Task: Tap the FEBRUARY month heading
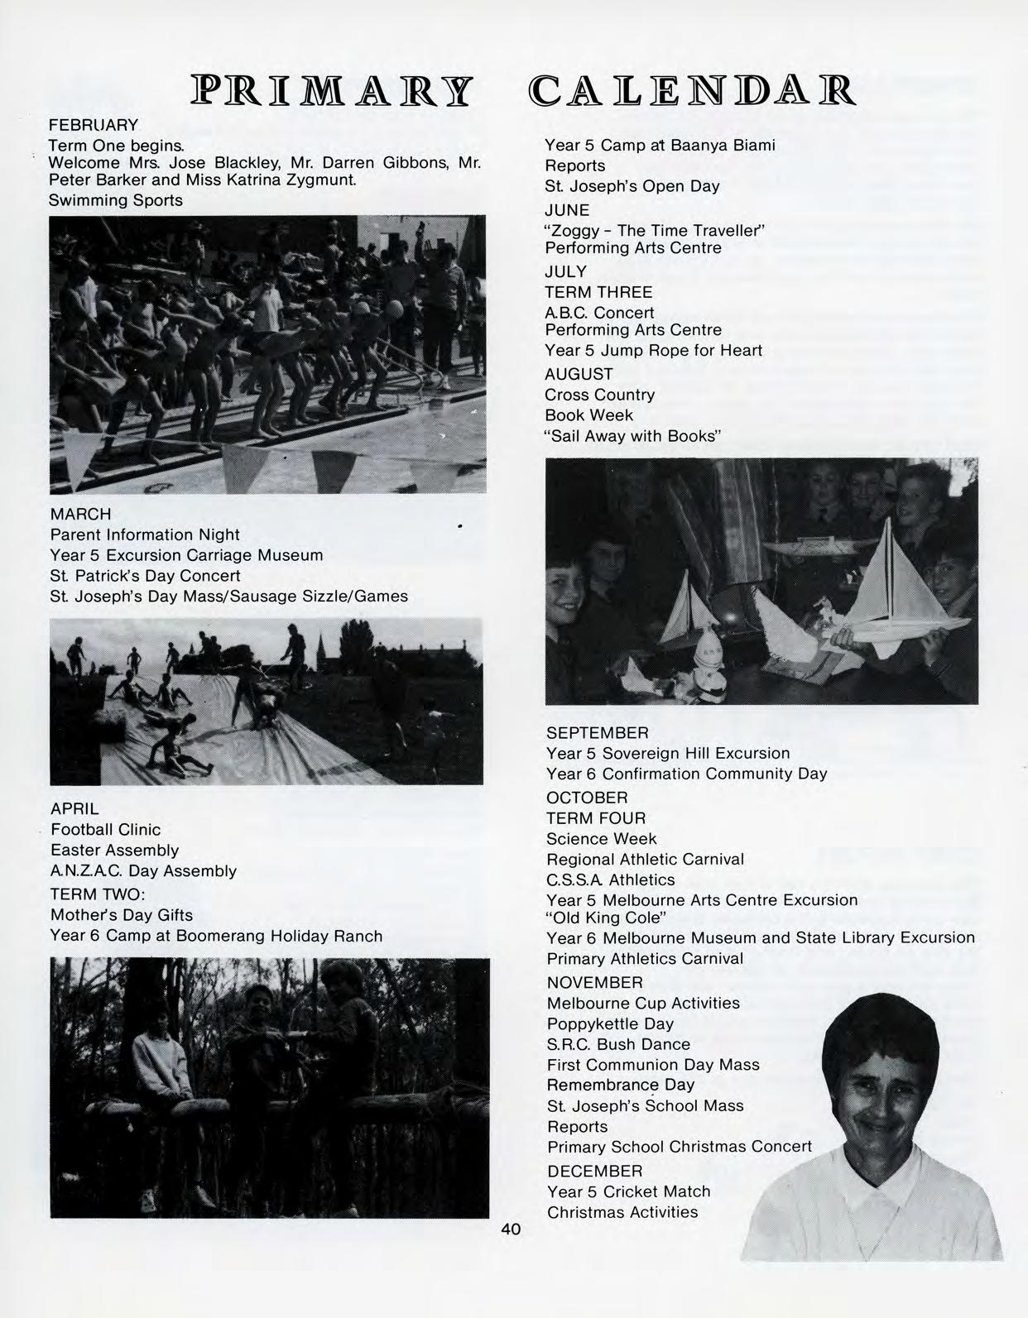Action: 94,126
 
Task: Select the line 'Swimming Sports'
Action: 116,200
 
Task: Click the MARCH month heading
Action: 80,515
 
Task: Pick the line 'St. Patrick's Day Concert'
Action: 145,576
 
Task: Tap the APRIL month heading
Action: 74,809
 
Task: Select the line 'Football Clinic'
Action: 106,830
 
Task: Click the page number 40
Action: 511,1229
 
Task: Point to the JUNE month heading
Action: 567,210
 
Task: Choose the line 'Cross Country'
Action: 599,395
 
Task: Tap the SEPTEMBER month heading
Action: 597,733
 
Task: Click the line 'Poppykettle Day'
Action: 610,1023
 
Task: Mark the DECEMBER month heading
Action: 594,1172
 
